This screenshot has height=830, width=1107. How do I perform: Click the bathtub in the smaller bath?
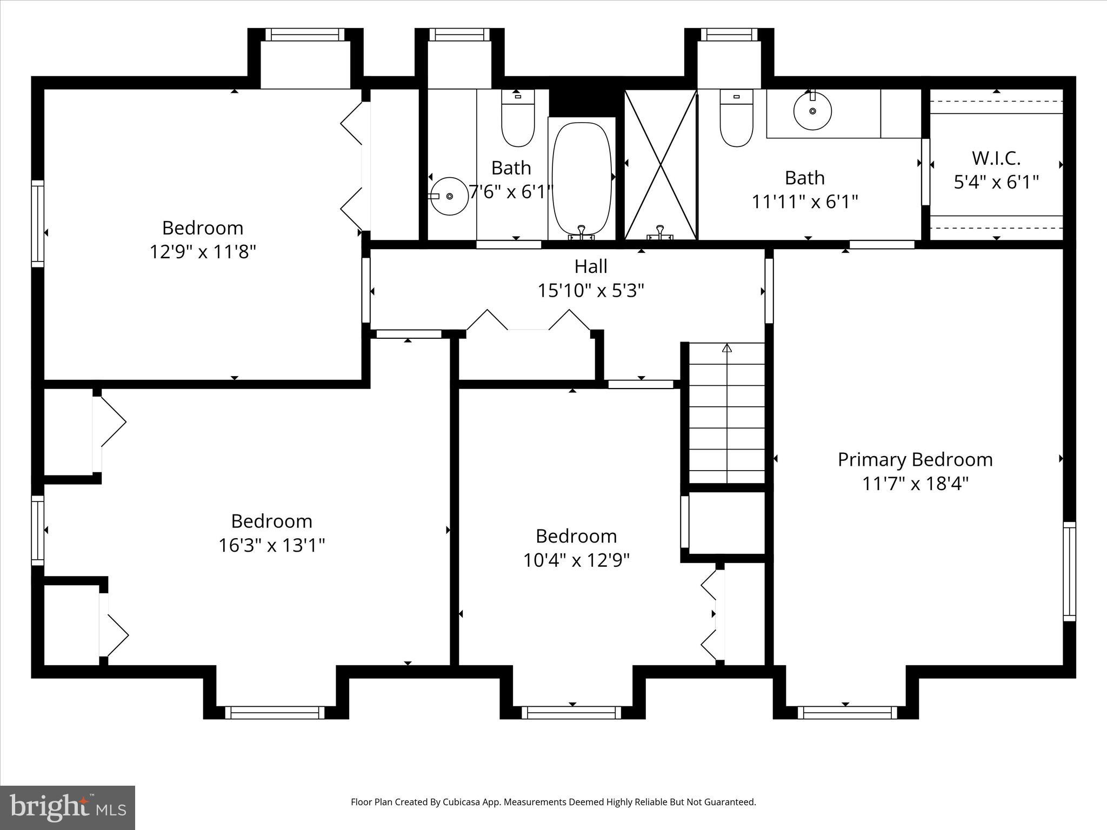[582, 178]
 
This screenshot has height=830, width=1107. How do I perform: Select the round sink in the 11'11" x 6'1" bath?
[812, 111]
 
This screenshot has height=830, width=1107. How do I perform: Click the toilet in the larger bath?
[736, 120]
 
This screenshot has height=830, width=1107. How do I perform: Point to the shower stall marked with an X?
[661, 164]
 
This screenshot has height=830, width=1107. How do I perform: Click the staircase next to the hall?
[727, 413]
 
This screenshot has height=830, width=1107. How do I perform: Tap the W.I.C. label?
[996, 158]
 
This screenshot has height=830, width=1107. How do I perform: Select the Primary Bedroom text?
[915, 460]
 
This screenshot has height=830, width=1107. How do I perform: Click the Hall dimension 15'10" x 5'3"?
[591, 291]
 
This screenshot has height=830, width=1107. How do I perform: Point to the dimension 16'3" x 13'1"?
[271, 545]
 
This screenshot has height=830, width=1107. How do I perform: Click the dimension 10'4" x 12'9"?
[576, 560]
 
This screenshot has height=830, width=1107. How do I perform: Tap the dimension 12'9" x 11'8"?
[203, 252]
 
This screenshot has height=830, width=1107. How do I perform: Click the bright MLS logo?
[68, 807]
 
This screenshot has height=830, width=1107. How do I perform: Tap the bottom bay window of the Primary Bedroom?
[847, 713]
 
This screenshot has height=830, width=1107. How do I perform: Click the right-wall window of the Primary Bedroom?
[1069, 571]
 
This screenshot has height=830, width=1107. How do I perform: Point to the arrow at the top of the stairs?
[727, 349]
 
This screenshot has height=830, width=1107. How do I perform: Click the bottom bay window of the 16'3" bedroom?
[275, 713]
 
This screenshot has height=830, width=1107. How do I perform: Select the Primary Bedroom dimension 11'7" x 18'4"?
[915, 484]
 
